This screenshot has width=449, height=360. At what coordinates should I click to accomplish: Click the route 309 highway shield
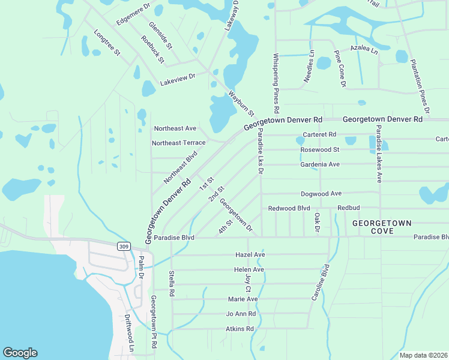(123, 246)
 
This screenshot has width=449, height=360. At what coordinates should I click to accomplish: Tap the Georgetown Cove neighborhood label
(381, 227)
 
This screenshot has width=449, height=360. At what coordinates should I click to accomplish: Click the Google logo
(20, 353)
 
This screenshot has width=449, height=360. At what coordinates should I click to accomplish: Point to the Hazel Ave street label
(250, 255)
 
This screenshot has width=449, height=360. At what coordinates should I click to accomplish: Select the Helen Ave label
(249, 270)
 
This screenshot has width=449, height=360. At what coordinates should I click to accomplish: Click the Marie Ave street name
(243, 299)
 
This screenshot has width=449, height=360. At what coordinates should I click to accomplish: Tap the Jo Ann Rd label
(241, 314)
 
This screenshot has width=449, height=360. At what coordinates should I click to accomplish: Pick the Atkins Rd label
(240, 329)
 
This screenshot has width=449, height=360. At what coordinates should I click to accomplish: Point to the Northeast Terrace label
(179, 143)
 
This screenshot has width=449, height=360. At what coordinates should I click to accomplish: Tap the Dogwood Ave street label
(321, 194)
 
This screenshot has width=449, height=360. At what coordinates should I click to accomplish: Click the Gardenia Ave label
(320, 164)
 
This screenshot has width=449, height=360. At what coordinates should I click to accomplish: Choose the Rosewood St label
(320, 149)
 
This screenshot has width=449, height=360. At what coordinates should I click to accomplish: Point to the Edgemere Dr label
(133, 13)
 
